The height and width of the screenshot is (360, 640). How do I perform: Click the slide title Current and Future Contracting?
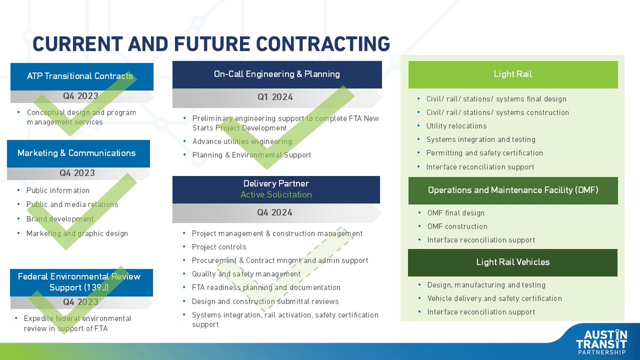211,44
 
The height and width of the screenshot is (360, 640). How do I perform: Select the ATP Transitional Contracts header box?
80,76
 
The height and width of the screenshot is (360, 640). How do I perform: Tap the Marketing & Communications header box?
77,153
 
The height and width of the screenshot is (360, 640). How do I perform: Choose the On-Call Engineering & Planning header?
276,74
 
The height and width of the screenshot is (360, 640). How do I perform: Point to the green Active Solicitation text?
276,195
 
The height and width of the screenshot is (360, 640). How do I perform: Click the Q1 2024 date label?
275,97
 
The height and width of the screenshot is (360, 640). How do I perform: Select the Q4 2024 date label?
275,212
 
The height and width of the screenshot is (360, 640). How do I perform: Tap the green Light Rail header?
513,74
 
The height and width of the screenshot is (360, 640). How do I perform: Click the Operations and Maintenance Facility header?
513,190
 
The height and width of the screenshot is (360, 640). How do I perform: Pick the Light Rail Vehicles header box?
513,262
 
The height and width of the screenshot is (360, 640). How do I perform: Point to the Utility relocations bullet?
456,126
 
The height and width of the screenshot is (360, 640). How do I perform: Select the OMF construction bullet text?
457,227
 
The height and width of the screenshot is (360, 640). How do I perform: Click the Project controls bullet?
219,247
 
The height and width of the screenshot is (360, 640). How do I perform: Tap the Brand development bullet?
60,219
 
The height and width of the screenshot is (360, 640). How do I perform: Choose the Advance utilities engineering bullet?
242,141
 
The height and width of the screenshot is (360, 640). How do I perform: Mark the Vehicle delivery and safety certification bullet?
494,299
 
